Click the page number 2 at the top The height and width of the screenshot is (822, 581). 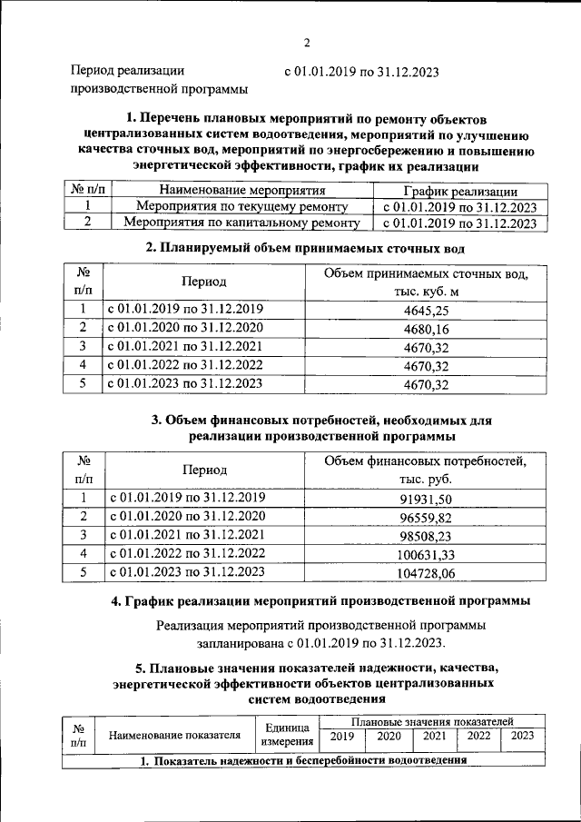pyautogui.click(x=307, y=43)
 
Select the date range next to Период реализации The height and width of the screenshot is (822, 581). pyautogui.click(x=361, y=71)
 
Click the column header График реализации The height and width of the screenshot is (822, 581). pyautogui.click(x=459, y=191)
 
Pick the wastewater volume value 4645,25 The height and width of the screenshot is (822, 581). pyautogui.click(x=426, y=310)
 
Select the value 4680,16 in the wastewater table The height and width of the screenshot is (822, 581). pyautogui.click(x=426, y=328)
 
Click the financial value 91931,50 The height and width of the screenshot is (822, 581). pyautogui.click(x=426, y=498)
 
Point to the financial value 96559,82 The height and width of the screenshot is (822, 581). pyautogui.click(x=426, y=516)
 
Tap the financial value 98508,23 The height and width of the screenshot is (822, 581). pyautogui.click(x=426, y=534)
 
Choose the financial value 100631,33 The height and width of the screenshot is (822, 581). pyautogui.click(x=426, y=553)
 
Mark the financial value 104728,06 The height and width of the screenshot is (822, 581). pyautogui.click(x=426, y=571)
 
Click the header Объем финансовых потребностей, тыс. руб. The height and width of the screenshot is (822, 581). pyautogui.click(x=426, y=470)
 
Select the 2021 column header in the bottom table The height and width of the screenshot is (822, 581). pyautogui.click(x=435, y=736)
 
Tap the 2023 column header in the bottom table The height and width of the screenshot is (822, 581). pyautogui.click(x=522, y=736)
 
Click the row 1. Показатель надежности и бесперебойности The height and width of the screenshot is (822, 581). pyautogui.click(x=302, y=759)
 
